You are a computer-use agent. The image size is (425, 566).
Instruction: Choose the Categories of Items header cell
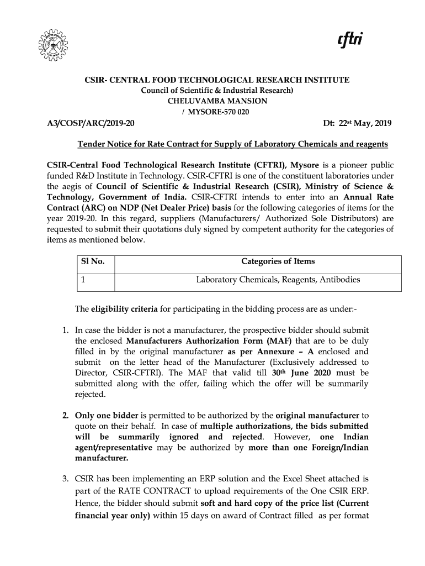278,261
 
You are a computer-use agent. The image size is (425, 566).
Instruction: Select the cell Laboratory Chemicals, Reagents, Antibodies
278,280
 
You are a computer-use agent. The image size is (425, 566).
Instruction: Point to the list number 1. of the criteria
65,331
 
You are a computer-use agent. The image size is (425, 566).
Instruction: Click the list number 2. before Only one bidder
65,415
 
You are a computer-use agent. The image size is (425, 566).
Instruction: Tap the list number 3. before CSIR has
65,478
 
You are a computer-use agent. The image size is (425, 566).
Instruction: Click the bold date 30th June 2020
301,373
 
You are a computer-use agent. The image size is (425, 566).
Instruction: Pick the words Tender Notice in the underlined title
103,144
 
